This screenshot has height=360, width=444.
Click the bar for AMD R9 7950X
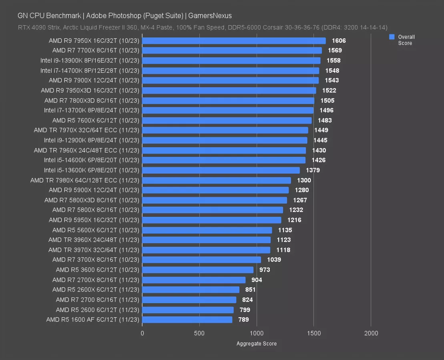tap(234, 41)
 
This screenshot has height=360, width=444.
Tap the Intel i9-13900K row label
tap(90, 60)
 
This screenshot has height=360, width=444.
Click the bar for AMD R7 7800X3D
tap(228, 100)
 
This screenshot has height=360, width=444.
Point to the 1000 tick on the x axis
tap(257, 333)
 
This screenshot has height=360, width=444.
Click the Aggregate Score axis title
tap(257, 344)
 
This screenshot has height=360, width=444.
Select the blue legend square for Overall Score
tap(392, 37)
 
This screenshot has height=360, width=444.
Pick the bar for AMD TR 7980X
tap(217, 180)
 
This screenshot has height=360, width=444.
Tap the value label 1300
tap(304, 180)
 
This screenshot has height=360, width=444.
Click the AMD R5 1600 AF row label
tap(92, 320)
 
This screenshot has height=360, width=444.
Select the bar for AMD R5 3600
tap(198, 270)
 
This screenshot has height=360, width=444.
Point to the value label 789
tap(243, 320)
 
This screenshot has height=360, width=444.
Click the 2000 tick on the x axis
tap(371, 333)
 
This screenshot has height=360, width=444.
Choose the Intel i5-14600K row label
tap(92, 160)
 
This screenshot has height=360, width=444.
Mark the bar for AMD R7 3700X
tap(201, 260)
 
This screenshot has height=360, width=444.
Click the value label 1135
tap(285, 230)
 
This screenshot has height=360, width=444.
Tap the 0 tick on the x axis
tap(142, 333)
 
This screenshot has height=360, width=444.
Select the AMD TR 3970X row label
tap(94, 250)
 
